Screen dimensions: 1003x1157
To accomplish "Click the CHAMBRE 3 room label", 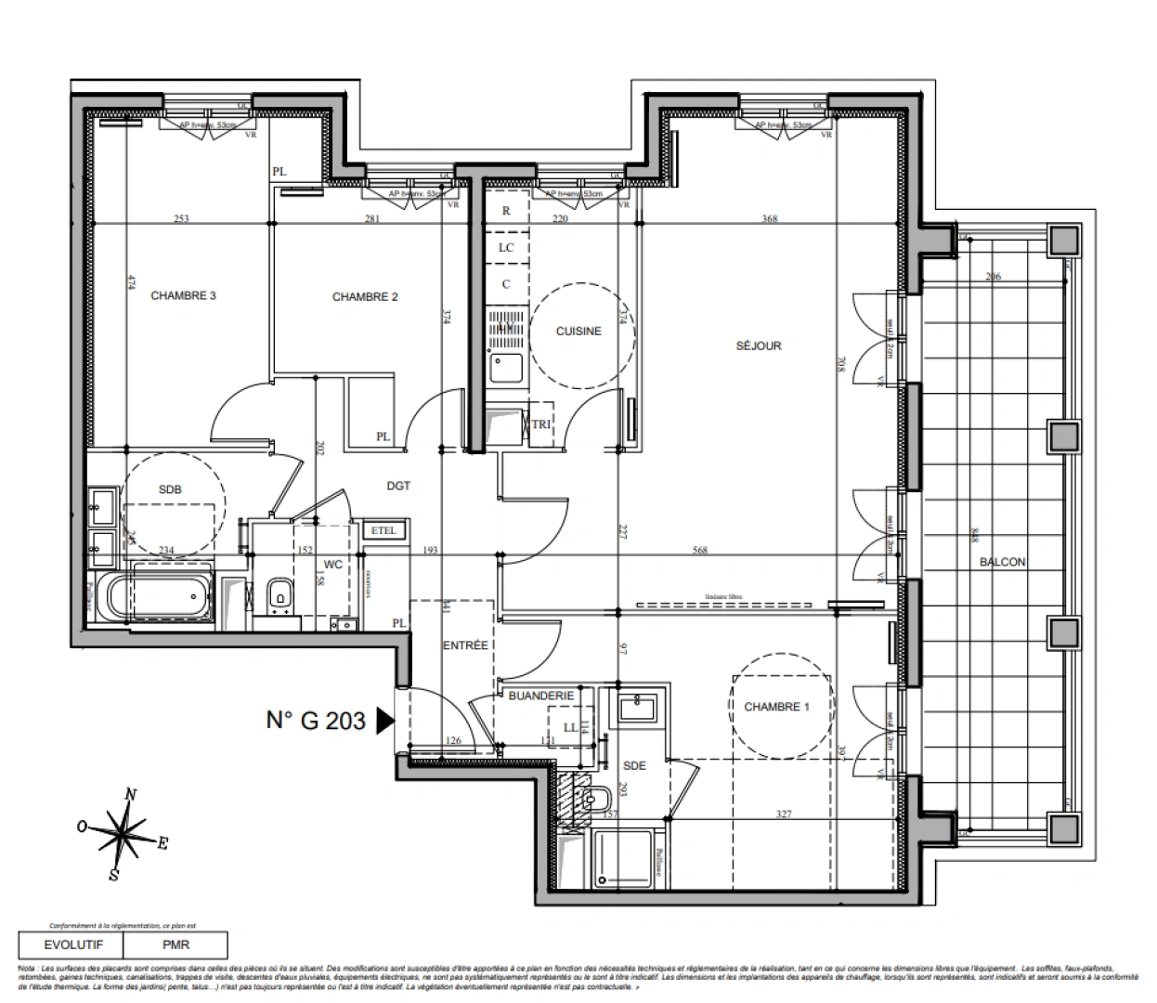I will [x=183, y=295].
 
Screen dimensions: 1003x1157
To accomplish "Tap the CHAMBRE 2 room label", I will [x=365, y=296].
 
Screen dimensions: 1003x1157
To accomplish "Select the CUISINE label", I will [x=578, y=331].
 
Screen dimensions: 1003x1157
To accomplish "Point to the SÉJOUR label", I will [x=759, y=345].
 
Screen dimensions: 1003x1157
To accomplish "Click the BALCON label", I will [x=1003, y=562].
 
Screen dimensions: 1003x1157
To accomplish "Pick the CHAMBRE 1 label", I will [x=777, y=707].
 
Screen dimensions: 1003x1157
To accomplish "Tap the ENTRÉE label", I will [x=464, y=645].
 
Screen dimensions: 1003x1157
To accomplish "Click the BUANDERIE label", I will [x=541, y=695].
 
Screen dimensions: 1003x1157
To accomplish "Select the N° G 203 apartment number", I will [x=316, y=720].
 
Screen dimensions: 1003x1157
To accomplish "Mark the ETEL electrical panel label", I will [x=383, y=531].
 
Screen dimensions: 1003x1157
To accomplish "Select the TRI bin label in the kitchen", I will [x=540, y=424].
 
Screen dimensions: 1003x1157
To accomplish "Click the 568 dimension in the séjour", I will [x=700, y=550].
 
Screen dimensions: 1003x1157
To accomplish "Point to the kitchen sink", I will [x=506, y=367].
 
